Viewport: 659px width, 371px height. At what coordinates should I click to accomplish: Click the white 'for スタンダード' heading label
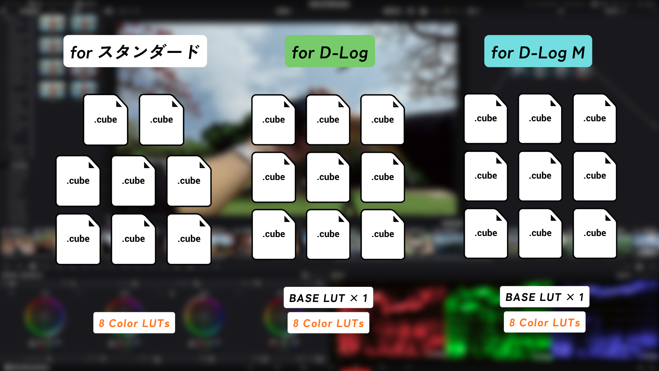click(135, 51)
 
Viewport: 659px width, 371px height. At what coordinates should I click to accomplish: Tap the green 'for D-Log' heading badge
click(329, 51)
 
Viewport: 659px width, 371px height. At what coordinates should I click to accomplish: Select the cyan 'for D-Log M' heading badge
click(538, 51)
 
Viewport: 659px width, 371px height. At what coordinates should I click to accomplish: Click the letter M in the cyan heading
click(579, 53)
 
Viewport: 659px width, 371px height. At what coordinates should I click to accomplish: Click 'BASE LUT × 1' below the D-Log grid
click(328, 298)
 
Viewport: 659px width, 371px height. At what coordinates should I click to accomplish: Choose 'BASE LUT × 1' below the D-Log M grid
click(544, 297)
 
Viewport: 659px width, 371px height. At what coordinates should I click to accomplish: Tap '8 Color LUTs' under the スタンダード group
click(134, 323)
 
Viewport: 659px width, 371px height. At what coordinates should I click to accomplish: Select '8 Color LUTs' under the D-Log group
click(328, 323)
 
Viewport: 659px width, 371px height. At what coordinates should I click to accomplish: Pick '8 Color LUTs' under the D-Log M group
click(544, 322)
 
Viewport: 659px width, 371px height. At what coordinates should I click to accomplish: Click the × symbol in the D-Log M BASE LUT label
click(570, 297)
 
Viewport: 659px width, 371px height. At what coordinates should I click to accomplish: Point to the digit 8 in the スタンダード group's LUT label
click(102, 323)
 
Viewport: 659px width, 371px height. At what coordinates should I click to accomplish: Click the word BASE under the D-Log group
click(304, 298)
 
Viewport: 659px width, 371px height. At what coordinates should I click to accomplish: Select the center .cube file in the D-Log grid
click(328, 177)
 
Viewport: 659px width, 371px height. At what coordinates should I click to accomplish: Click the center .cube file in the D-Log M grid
click(540, 176)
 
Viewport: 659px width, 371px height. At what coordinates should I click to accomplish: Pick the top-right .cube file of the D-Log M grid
click(594, 119)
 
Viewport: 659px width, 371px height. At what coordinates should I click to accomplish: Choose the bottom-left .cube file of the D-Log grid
click(274, 234)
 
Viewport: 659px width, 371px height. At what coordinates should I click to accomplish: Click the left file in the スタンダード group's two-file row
click(106, 120)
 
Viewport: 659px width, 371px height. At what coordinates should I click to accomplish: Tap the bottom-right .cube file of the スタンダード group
click(189, 239)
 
